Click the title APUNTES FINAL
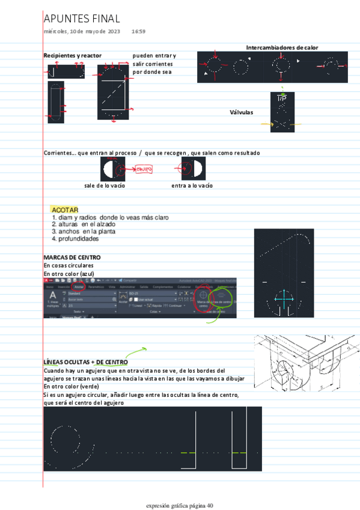(x=82, y=19)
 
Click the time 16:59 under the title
(x=138, y=31)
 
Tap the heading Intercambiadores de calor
(x=282, y=48)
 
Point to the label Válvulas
(x=241, y=112)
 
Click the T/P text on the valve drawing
(x=281, y=97)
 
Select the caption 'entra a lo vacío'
(x=192, y=185)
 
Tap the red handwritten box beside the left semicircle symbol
(x=142, y=170)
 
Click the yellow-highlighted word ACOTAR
(x=65, y=209)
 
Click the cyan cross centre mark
(x=284, y=298)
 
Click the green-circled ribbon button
(x=221, y=296)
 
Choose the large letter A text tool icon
(x=53, y=296)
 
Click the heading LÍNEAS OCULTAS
(x=66, y=362)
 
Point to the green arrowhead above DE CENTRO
(x=144, y=348)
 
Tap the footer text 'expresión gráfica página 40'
(x=180, y=505)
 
